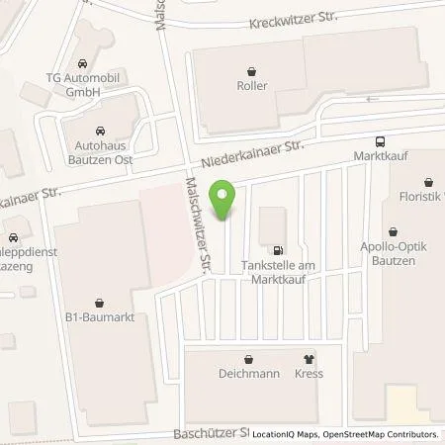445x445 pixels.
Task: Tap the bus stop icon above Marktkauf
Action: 381,141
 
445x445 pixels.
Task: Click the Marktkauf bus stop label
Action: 381,156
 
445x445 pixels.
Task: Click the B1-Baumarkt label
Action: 99,317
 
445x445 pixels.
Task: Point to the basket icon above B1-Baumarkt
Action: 99,303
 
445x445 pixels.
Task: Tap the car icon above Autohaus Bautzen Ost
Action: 99,130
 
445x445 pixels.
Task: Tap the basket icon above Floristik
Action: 428,183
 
